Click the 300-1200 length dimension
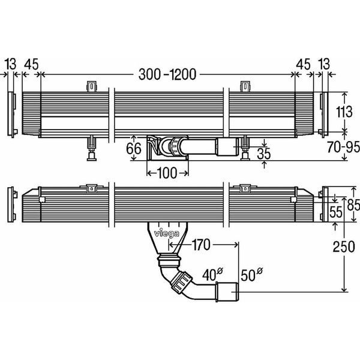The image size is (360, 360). pyautogui.click(x=167, y=74)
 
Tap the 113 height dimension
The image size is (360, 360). pyautogui.click(x=344, y=112)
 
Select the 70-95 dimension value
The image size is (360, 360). pyautogui.click(x=343, y=147)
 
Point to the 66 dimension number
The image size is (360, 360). pyautogui.click(x=134, y=148)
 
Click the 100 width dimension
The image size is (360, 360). pyautogui.click(x=167, y=173)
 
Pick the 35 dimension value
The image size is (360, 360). pyautogui.click(x=264, y=154)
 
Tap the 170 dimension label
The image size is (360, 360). pyautogui.click(x=200, y=245)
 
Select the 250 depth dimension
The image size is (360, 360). pyautogui.click(x=344, y=247)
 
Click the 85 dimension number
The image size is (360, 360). pyautogui.click(x=353, y=205)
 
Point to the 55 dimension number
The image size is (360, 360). pyautogui.click(x=335, y=212)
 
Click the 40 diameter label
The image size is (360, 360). pyautogui.click(x=212, y=274)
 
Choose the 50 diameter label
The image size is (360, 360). pyautogui.click(x=251, y=274)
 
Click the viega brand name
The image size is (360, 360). pyautogui.click(x=167, y=233)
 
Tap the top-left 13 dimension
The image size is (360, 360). pyautogui.click(x=11, y=64)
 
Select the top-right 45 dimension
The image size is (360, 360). pyautogui.click(x=303, y=64)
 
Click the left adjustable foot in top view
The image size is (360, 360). pyautogui.click(x=91, y=148)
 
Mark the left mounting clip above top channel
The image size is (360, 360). pyautogui.click(x=92, y=87)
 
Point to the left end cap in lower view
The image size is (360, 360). pyautogui.click(x=12, y=205)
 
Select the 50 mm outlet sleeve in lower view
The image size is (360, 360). pyautogui.click(x=227, y=292)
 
